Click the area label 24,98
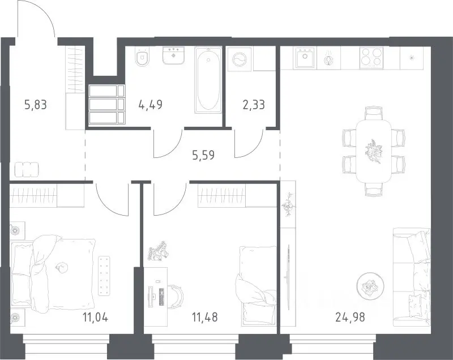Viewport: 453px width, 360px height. coord(350,318)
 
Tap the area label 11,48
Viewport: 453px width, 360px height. coord(205,318)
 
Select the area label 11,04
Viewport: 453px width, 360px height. coord(95,318)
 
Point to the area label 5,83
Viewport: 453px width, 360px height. coord(36,105)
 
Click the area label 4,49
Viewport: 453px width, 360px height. coord(151,104)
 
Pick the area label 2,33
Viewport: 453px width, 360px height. coord(254,104)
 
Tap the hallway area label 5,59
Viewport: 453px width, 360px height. coord(203,155)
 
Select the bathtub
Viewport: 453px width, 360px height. coord(208,80)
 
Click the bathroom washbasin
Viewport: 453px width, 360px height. coord(174,55)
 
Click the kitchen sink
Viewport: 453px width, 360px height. coord(305,57)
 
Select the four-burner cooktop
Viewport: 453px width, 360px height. coord(371,58)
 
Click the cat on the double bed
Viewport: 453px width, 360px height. coord(61,267)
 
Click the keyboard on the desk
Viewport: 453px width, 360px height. coord(161,297)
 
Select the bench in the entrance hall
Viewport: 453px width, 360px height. coord(27,169)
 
